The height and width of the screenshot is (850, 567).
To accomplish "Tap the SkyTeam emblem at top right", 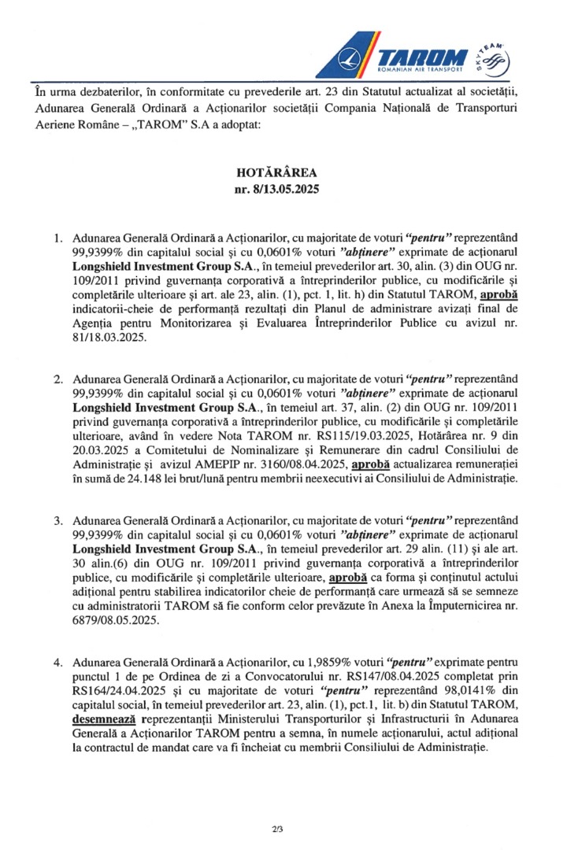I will tap(494, 57).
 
